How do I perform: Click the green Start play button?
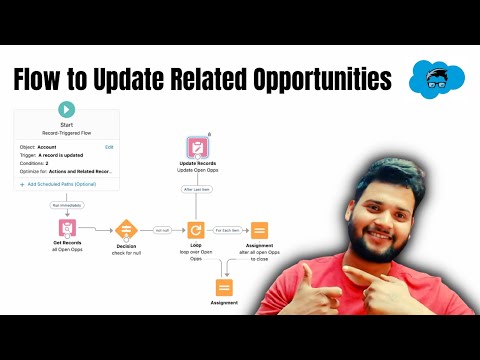coord(66,110)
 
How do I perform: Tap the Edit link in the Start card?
coord(109,147)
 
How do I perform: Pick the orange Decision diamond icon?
coord(126,230)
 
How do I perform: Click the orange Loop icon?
coord(196,230)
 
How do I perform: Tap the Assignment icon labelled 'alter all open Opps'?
coord(259,230)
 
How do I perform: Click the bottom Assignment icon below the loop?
coord(223,288)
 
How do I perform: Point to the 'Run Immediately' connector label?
coord(66,205)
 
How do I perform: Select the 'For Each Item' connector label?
coord(228,230)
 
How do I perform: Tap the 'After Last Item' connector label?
coord(196,187)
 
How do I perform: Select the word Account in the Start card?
coord(48,147)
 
